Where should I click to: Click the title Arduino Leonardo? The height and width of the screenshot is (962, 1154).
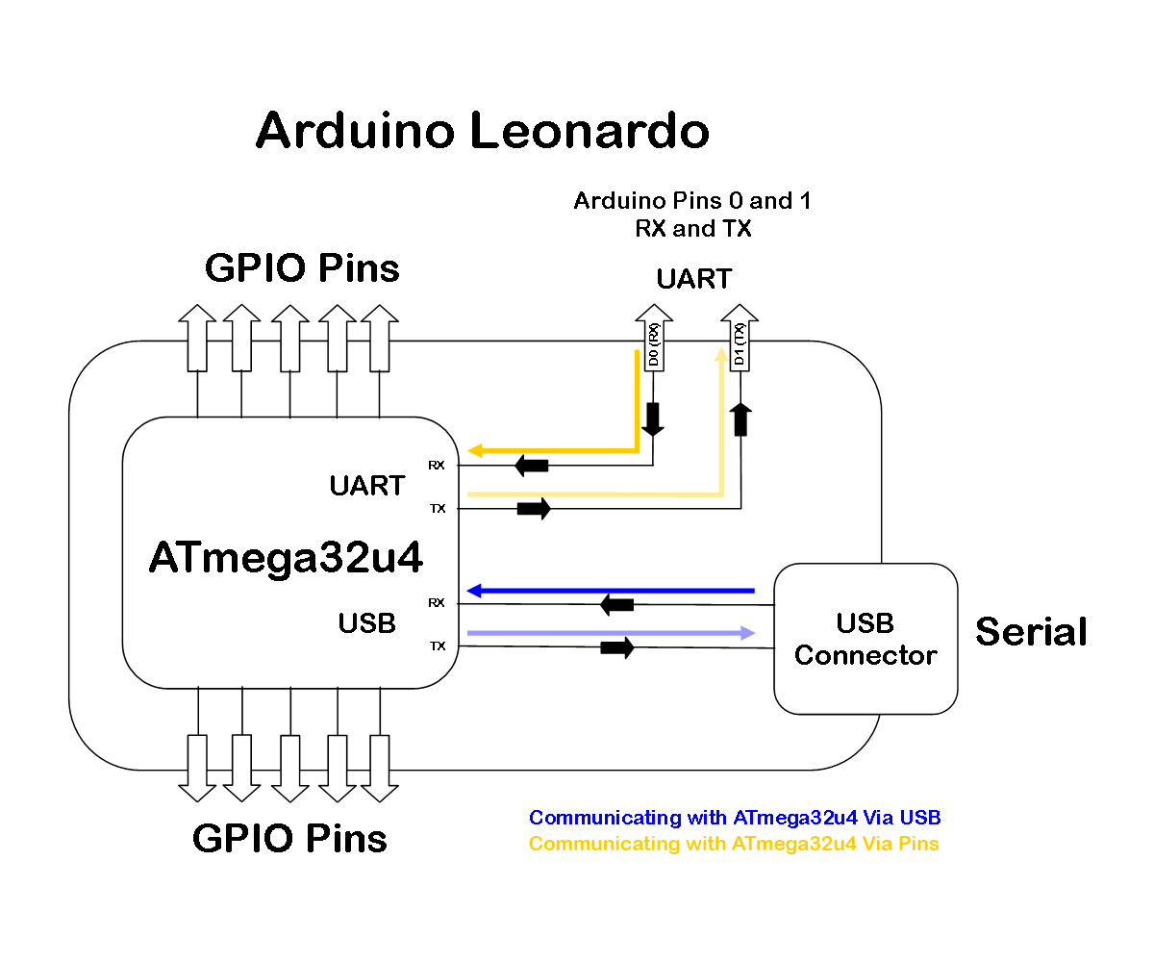[x=483, y=131]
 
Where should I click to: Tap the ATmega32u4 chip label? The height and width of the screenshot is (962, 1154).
[x=286, y=557]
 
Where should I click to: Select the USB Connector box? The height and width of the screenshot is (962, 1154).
[x=865, y=639]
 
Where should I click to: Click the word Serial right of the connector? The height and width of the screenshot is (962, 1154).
[x=1031, y=632]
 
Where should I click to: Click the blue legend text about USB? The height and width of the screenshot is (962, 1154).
[x=734, y=818]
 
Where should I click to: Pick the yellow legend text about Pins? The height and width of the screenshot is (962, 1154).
[x=734, y=844]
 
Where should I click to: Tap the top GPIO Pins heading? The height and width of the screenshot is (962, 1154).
[x=302, y=268]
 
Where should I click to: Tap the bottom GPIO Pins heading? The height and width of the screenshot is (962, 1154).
[x=289, y=838]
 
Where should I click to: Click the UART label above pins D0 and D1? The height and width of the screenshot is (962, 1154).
[x=694, y=279]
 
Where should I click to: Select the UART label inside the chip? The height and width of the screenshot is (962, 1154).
[x=366, y=486]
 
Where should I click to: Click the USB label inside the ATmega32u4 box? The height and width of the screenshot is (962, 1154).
[x=366, y=623]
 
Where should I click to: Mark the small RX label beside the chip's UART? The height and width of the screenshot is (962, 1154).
[x=438, y=466]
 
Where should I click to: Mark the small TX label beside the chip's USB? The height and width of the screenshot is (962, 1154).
[x=438, y=646]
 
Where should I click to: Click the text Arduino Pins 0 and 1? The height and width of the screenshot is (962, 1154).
[x=692, y=202]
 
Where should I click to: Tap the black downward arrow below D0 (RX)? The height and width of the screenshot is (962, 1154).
[x=653, y=419]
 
